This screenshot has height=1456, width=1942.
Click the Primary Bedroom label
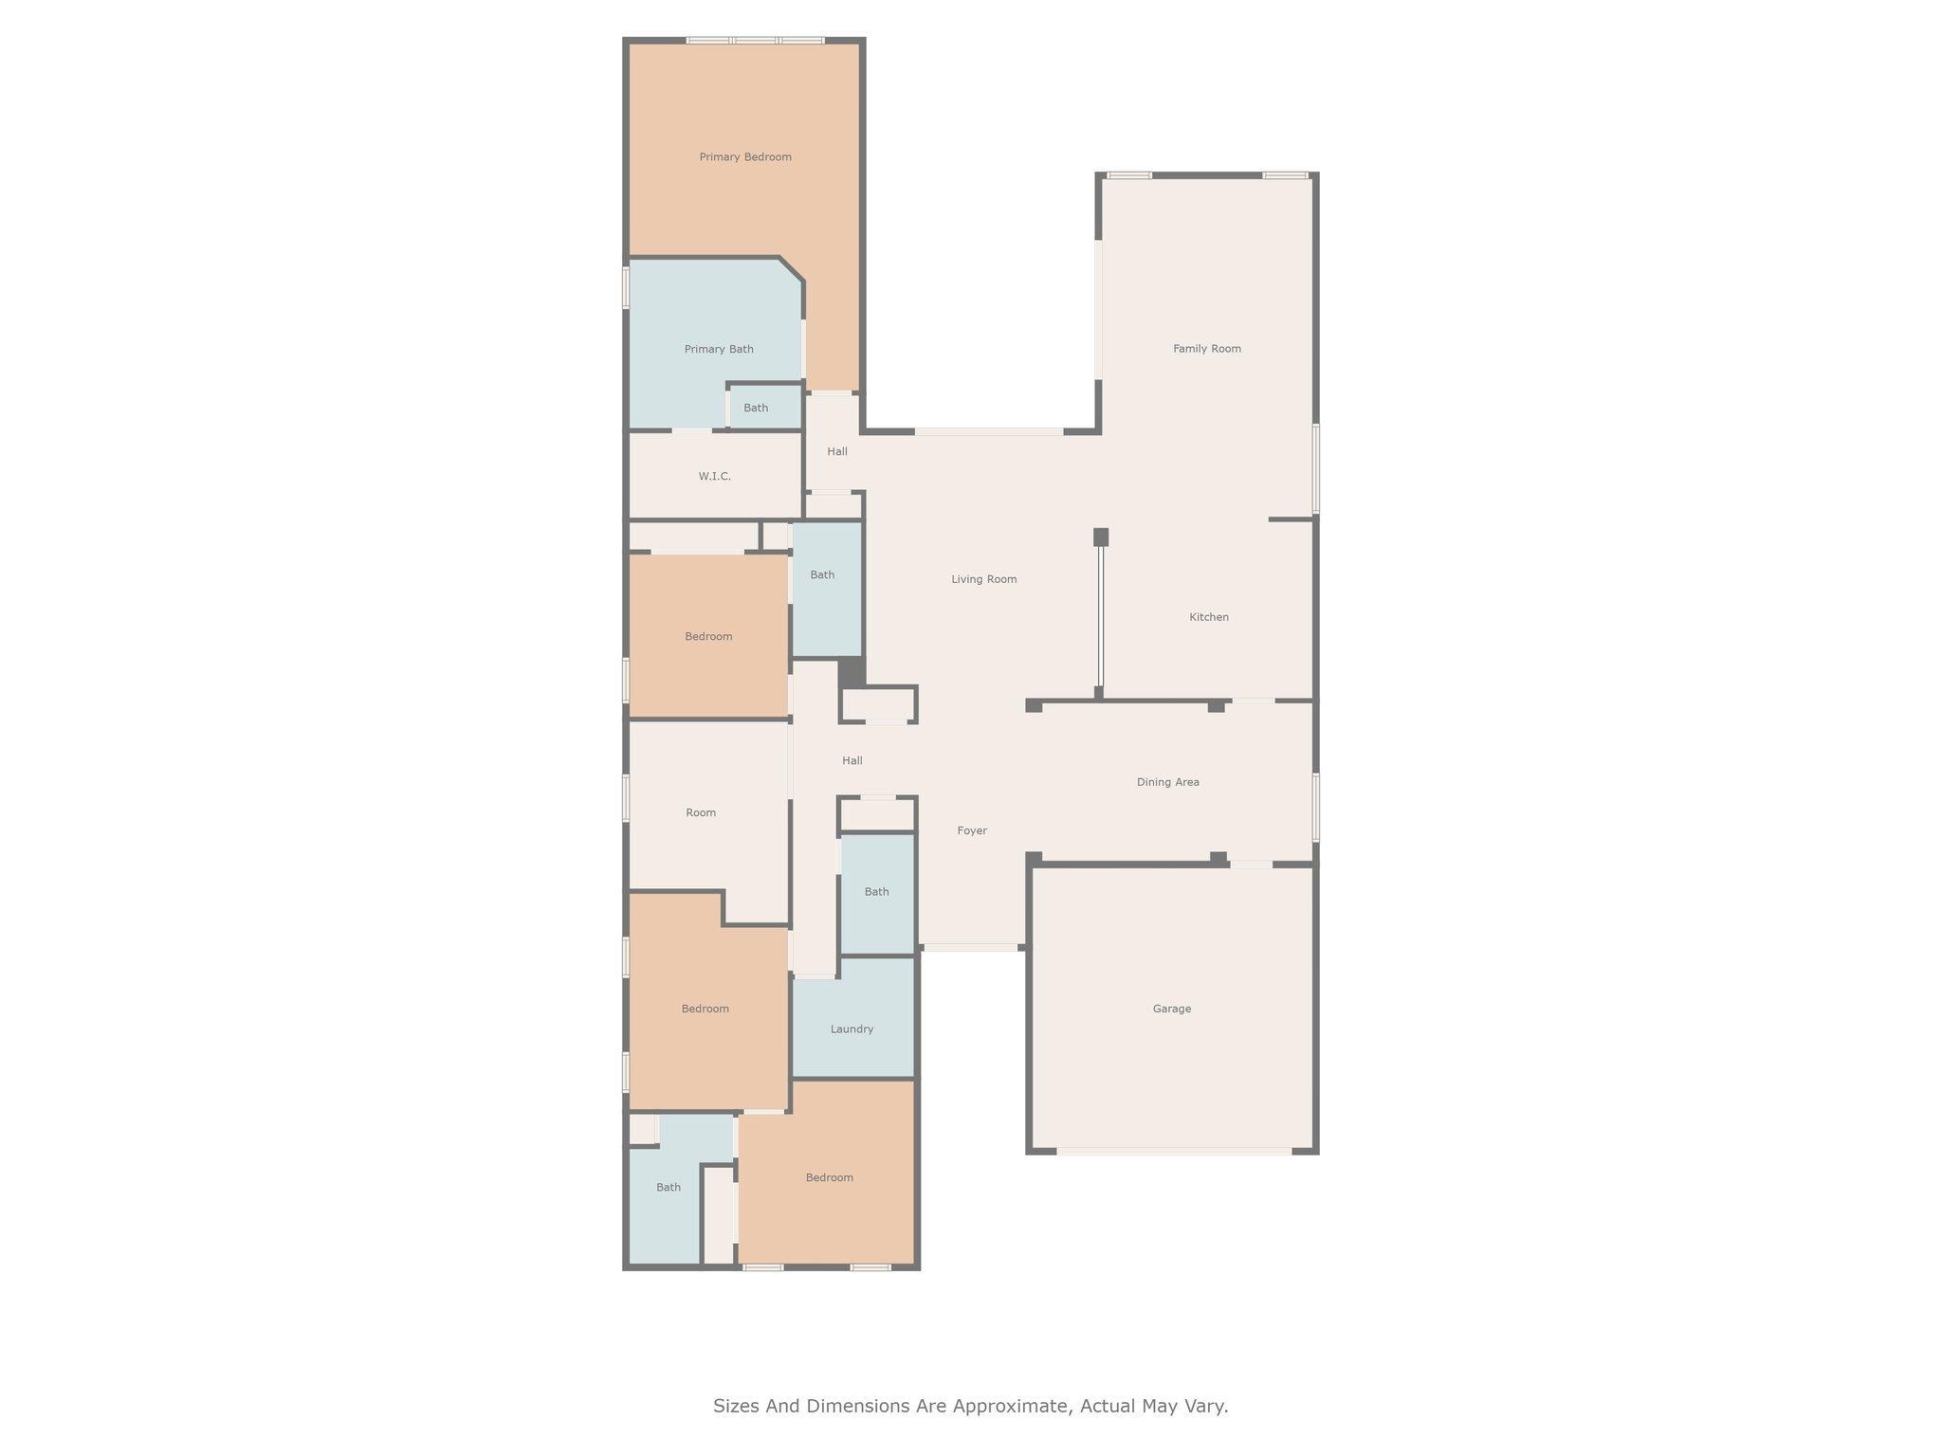[745, 157]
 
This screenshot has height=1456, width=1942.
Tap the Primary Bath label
[719, 350]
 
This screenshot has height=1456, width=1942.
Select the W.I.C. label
[714, 477]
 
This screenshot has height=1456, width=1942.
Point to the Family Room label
[1206, 349]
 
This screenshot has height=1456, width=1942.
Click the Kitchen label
[1208, 617]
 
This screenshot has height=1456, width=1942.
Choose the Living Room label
[983, 579]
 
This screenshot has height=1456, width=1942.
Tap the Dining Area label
[1167, 782]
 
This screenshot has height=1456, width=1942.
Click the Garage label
[1171, 1009]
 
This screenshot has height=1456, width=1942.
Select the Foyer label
[971, 831]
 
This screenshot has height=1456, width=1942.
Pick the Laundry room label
[852, 1029]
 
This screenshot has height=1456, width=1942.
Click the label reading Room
[701, 813]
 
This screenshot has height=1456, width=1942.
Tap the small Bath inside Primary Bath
[756, 409]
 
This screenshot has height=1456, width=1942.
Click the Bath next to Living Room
[822, 575]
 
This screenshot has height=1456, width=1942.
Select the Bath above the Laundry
[876, 892]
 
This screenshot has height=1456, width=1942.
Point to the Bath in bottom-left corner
[669, 1188]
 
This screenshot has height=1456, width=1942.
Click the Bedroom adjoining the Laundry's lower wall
[829, 1178]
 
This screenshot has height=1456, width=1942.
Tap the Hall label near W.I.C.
[836, 452]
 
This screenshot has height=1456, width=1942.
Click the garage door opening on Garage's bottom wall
[1174, 1152]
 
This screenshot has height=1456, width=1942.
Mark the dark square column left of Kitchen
[1100, 537]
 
